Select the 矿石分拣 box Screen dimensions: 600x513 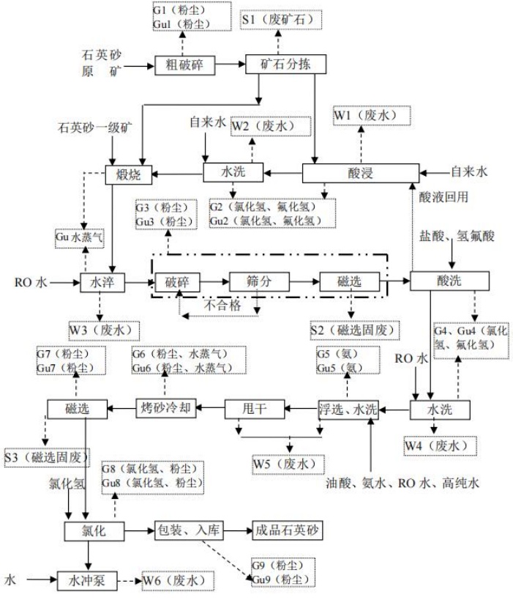(279, 64)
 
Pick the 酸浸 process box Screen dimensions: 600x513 (360, 174)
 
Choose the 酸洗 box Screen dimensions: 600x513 (439, 281)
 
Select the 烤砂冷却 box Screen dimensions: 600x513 (167, 408)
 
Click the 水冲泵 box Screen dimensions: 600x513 (88, 580)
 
